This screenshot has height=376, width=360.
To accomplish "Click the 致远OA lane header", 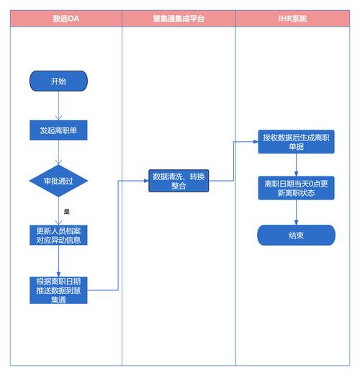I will coord(66,19).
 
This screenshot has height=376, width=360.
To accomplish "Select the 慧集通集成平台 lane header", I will coord(179,19).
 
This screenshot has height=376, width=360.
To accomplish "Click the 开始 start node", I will coord(58,81).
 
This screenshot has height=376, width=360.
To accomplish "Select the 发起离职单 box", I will coord(58,131).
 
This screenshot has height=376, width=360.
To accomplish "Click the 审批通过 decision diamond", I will coord(58,180).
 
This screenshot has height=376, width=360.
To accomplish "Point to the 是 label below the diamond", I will coord(66,212).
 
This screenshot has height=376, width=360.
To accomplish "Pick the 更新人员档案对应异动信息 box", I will coord(58,235).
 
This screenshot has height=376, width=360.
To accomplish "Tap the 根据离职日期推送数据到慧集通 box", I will coord(58,290).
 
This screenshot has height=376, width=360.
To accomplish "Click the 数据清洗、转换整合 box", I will coord(179,181).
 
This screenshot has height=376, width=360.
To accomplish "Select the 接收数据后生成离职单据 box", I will coord(296,141).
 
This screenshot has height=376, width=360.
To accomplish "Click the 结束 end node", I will coord(296,235).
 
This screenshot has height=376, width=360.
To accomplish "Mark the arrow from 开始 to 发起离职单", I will coord(58,106).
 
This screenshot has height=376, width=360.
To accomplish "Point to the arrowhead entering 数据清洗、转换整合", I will coord(145,181).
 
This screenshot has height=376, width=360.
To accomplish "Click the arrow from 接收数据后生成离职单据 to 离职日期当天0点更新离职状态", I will coord(296,165).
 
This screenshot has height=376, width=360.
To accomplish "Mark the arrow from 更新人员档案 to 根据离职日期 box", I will coord(58,261).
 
